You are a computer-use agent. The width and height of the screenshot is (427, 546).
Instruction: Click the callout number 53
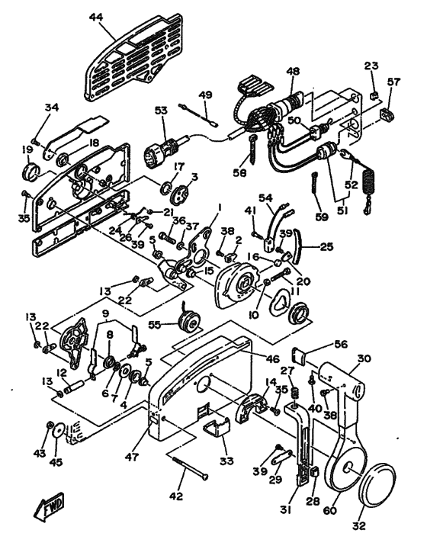(161, 111)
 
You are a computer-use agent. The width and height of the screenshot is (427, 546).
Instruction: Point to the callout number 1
(217, 207)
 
